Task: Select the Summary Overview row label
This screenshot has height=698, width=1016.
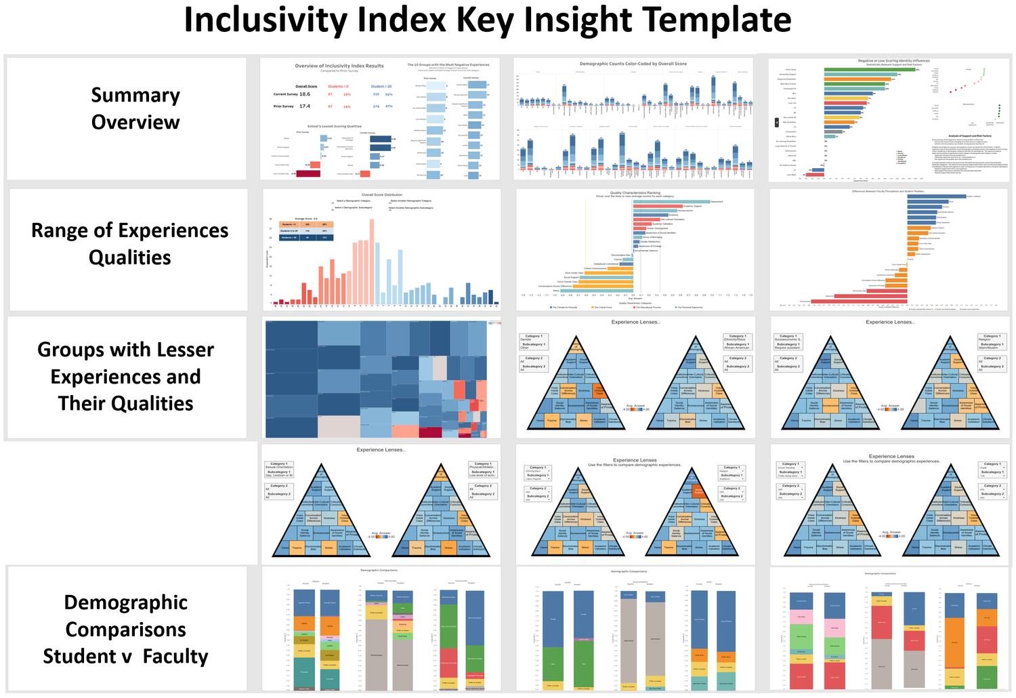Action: coord(135,108)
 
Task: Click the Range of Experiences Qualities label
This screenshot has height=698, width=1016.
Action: coord(129,244)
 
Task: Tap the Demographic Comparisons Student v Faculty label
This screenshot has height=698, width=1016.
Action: coord(126,629)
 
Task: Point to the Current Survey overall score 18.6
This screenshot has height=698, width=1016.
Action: coord(305,94)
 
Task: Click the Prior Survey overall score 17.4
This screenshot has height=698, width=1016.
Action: coord(305,106)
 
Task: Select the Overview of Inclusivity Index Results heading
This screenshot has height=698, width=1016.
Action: coord(339,66)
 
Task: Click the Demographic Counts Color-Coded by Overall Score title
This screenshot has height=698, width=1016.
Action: coord(633,64)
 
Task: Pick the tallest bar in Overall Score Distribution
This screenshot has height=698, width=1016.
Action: coord(371,262)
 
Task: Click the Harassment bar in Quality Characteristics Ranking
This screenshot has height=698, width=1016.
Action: coord(671,201)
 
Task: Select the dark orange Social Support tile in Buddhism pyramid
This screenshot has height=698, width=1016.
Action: coord(698,491)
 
